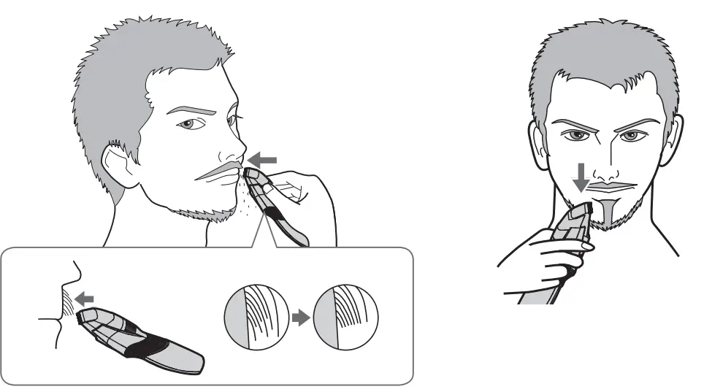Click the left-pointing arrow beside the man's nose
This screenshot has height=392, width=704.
[262, 158]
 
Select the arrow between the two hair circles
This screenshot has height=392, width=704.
[299, 318]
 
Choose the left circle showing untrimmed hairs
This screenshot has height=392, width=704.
[252, 318]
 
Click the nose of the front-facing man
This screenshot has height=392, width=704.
[604, 169]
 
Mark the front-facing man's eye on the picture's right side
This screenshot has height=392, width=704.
[634, 136]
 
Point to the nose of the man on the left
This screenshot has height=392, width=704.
[232, 150]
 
